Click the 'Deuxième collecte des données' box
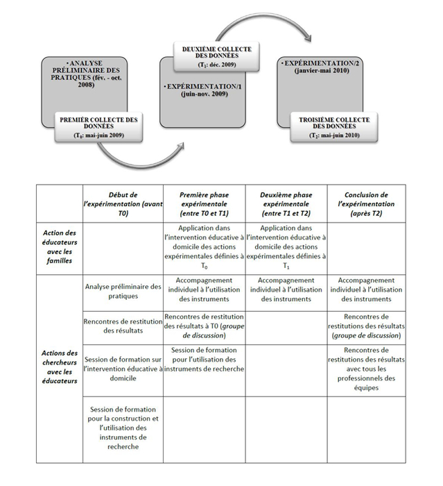pyautogui.click(x=216, y=57)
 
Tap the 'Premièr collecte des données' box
pyautogui.click(x=98, y=127)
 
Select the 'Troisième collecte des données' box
pyautogui.click(x=334, y=127)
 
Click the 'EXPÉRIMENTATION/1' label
pyautogui.click(x=204, y=87)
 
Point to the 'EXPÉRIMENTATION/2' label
pyautogui.click(x=322, y=63)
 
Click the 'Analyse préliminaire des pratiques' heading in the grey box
pyautogui.click(x=86, y=74)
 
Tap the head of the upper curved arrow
pyautogui.click(x=307, y=38)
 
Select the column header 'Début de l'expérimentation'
pyautogui.click(x=123, y=204)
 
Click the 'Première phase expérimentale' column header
pyautogui.click(x=204, y=204)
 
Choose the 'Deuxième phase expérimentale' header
pyautogui.click(x=286, y=204)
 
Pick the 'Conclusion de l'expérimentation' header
pyautogui.click(x=366, y=204)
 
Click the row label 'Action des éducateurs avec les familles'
pyautogui.click(x=60, y=246)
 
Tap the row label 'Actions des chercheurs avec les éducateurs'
pyautogui.click(x=60, y=367)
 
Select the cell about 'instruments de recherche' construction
pyautogui.click(x=123, y=428)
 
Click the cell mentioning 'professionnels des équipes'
pyautogui.click(x=366, y=369)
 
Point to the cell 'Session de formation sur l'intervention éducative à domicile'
pyautogui.click(x=123, y=369)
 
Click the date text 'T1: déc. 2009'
pyautogui.click(x=216, y=65)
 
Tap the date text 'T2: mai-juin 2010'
pyautogui.click(x=334, y=135)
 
